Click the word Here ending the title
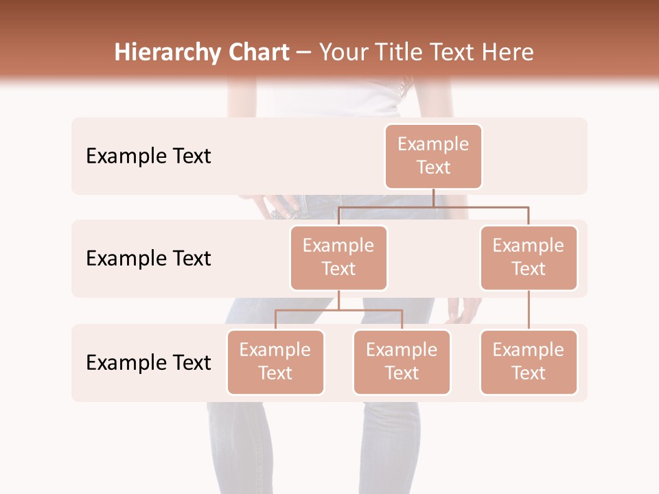pyautogui.click(x=507, y=53)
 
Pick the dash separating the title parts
pyautogui.click(x=304, y=53)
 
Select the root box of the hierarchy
pyautogui.click(x=433, y=156)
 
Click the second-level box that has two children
pyautogui.click(x=338, y=258)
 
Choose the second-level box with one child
pyautogui.click(x=529, y=258)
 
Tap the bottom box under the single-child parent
pyautogui.click(x=529, y=362)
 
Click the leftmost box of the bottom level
pyautogui.click(x=275, y=362)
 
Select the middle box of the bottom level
pyautogui.click(x=402, y=362)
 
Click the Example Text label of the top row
pyautogui.click(x=148, y=156)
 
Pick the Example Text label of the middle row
pyautogui.click(x=148, y=259)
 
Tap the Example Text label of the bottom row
pyautogui.click(x=148, y=363)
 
